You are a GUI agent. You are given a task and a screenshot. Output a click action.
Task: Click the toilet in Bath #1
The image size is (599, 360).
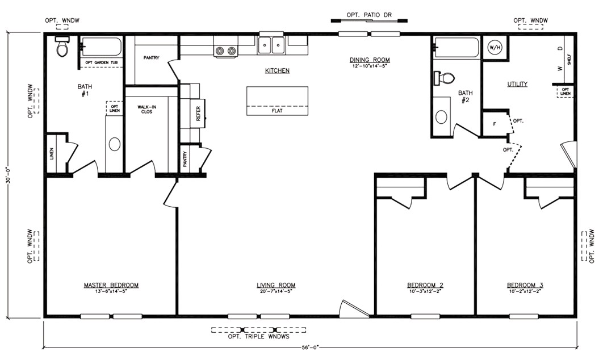(x=62, y=46)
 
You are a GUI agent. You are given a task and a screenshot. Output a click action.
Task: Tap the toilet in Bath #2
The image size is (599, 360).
(x=444, y=78)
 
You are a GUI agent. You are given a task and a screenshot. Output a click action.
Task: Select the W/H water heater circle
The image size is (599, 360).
(x=495, y=47)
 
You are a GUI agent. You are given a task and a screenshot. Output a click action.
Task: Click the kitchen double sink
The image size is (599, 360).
(x=271, y=45)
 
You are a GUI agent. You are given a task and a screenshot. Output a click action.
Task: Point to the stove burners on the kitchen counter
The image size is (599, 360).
(x=226, y=51)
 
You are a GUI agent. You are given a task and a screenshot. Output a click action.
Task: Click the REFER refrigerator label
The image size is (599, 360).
(x=198, y=114)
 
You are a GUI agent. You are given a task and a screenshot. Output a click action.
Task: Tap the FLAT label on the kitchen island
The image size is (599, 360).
(x=277, y=111)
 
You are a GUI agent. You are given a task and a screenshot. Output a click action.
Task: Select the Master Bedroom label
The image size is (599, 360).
(x=111, y=285)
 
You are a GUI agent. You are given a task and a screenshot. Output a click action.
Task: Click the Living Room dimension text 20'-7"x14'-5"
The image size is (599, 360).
(x=276, y=291)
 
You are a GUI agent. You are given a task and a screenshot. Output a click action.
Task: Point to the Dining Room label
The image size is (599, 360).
(x=370, y=60)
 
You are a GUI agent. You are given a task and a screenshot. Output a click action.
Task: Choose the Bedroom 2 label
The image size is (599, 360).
(x=425, y=285)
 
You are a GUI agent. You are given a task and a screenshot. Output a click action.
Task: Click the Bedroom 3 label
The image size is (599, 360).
(x=525, y=285)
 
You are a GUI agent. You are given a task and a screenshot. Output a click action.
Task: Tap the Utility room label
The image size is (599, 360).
(x=517, y=84)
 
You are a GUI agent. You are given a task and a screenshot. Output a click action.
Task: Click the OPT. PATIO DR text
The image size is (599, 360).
(x=369, y=15)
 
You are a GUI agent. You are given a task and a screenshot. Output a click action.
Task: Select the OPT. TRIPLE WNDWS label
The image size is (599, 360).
(x=259, y=337)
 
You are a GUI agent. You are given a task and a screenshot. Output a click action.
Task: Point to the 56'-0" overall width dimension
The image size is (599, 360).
(x=309, y=347)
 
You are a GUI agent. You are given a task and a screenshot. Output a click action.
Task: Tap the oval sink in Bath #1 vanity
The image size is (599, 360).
(x=114, y=144)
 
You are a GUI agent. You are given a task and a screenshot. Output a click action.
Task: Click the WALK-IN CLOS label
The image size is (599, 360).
(x=146, y=109)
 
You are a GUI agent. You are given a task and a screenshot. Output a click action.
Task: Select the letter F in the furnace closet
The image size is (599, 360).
(x=495, y=124)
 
